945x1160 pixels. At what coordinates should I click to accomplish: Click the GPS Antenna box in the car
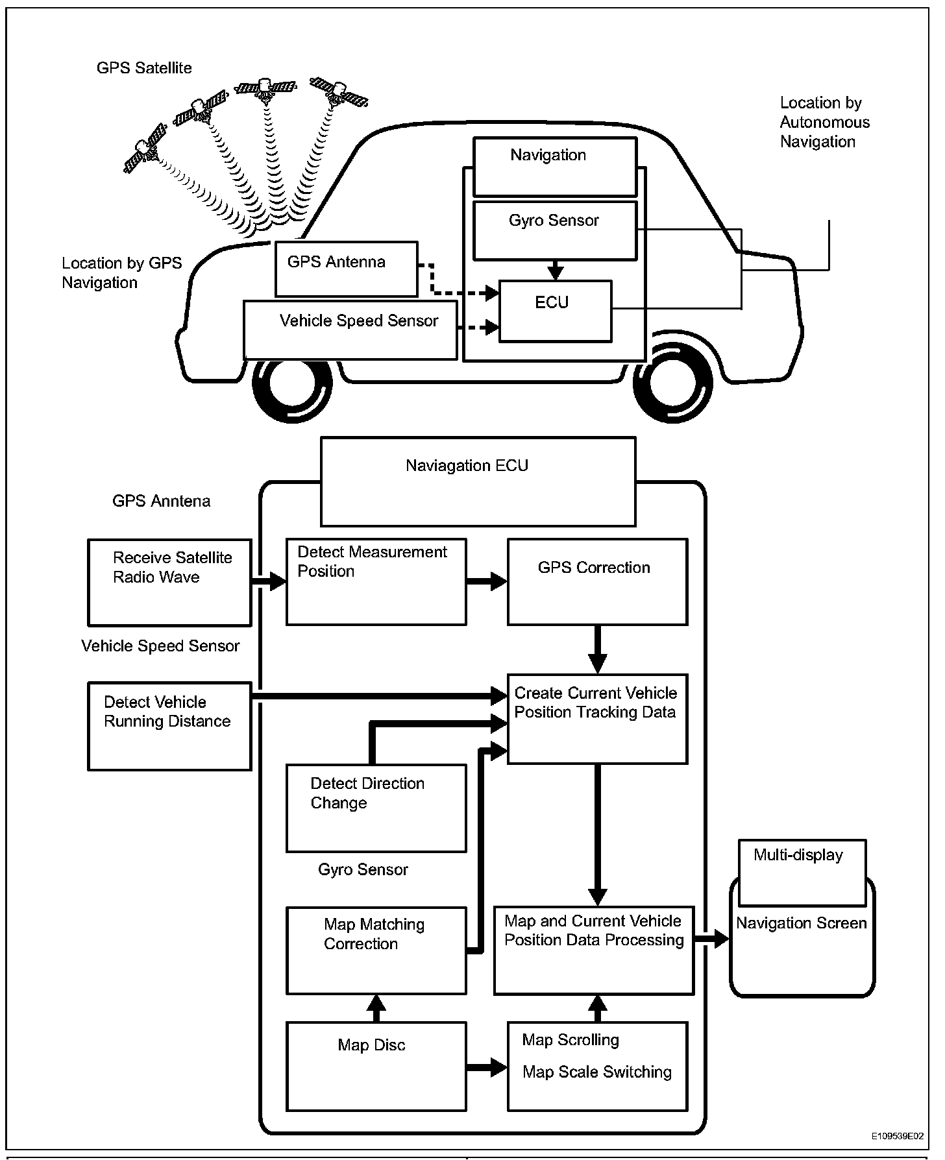click(x=347, y=269)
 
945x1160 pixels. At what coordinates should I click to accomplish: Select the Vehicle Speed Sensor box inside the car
click(x=350, y=330)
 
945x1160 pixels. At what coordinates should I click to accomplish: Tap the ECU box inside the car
click(x=556, y=311)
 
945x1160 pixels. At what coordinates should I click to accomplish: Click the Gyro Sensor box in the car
click(x=556, y=231)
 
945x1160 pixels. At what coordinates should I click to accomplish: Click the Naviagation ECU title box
click(x=478, y=481)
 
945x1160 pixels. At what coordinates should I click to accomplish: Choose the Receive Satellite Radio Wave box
click(x=169, y=582)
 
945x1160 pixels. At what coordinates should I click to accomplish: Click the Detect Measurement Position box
click(x=376, y=582)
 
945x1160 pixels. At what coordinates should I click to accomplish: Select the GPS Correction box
click(x=597, y=582)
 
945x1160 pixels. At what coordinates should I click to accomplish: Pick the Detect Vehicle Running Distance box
click(x=169, y=726)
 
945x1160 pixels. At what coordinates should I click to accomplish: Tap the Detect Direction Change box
click(x=376, y=808)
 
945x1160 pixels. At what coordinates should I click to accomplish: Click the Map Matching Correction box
click(x=376, y=950)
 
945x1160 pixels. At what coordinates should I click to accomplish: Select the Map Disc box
click(x=376, y=1067)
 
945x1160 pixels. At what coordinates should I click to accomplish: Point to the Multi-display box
click(x=802, y=873)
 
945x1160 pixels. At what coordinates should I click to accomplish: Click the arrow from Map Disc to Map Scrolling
click(x=487, y=1067)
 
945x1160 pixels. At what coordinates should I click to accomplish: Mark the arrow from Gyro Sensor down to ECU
click(x=555, y=271)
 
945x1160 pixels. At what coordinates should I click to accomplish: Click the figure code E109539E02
click(x=898, y=1136)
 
